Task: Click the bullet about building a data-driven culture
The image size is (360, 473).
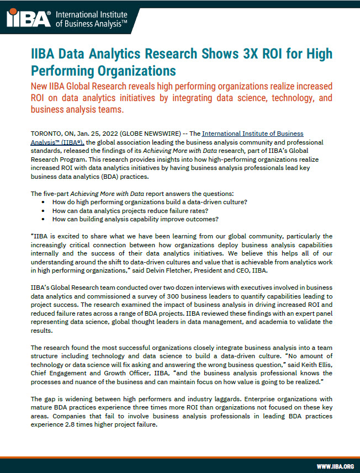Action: point(149,202)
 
